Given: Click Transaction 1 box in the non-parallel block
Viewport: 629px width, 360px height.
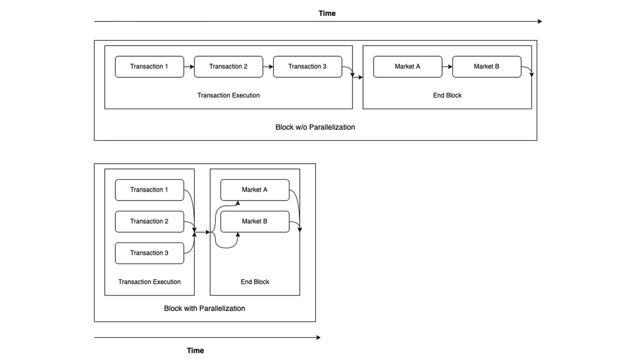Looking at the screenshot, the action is (149, 66).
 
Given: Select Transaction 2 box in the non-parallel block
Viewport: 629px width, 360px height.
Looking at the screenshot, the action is (228, 66).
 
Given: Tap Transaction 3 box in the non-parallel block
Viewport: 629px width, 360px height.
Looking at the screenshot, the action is (307, 66).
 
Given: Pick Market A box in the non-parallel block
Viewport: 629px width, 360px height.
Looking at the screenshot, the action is (408, 66).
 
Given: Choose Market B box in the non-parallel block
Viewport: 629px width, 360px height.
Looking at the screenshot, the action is (487, 66).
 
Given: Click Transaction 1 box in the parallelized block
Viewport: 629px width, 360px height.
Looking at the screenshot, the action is (149, 190).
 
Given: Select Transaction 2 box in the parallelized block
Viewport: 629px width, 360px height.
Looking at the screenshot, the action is (149, 222).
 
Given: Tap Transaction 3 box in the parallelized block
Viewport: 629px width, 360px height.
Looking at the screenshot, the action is (149, 253).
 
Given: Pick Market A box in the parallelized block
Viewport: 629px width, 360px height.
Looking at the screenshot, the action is (255, 190).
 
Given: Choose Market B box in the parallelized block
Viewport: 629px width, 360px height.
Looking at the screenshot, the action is (255, 222).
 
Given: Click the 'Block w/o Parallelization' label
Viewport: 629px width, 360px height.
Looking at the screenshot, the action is (315, 127).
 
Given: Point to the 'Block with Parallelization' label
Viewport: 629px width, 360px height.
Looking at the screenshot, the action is (204, 309).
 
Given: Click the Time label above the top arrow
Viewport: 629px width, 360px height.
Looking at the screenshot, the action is (327, 13).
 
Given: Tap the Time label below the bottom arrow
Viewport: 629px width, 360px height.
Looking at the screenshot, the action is (195, 351).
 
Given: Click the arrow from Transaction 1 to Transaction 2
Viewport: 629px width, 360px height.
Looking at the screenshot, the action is (189, 66).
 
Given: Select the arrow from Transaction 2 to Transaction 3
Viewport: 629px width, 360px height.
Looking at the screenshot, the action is (268, 66).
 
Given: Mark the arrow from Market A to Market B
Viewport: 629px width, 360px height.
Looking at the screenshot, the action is (447, 66).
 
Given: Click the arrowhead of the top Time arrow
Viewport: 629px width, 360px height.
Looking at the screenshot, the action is (540, 21).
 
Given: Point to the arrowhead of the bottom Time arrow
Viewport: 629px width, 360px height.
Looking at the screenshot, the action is (318, 338).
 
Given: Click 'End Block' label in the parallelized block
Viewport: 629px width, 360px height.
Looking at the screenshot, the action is (255, 282).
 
